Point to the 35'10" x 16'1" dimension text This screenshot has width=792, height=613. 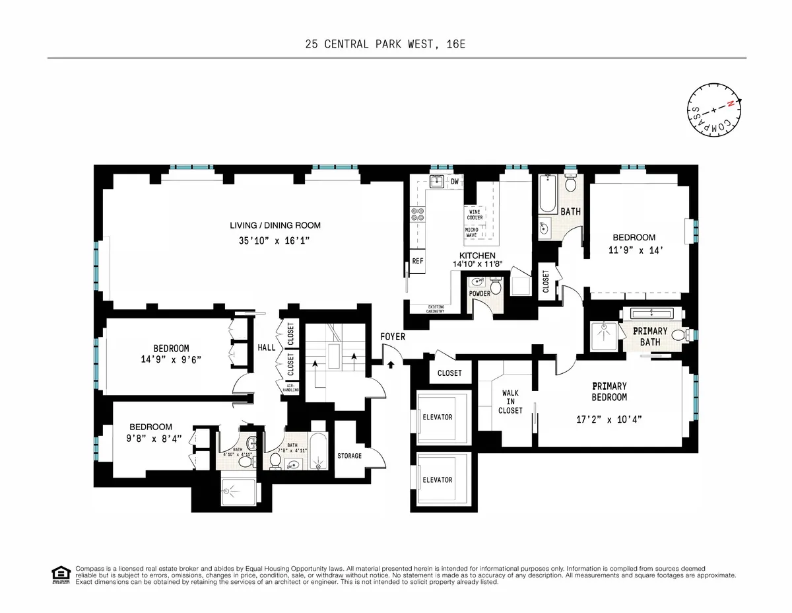(x=275, y=242)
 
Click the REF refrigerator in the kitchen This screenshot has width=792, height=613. (x=417, y=261)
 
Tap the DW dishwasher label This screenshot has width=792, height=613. (x=454, y=182)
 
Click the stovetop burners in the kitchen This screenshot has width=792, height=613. (x=418, y=213)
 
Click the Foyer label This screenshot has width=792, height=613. (x=393, y=337)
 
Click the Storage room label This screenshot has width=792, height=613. (x=349, y=456)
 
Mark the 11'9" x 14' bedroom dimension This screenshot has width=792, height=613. (x=634, y=250)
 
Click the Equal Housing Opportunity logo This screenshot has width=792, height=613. (x=61, y=575)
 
